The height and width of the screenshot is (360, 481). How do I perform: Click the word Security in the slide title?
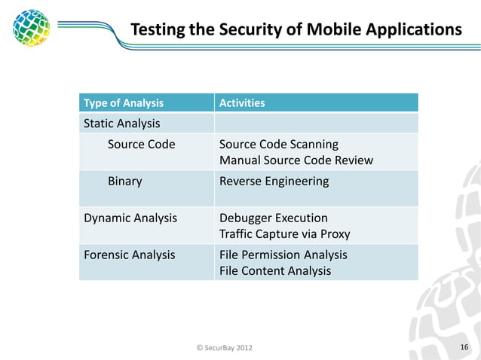230,29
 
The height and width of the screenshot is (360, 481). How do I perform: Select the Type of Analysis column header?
123,102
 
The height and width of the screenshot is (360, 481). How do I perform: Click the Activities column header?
241,102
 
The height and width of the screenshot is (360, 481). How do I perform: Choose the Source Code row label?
141,144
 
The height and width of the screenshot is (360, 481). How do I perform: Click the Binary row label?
124,181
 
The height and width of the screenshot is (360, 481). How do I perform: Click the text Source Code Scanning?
278,144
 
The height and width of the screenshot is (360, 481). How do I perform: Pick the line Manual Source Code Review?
296,160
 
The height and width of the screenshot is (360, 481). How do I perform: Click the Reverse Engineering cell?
274,181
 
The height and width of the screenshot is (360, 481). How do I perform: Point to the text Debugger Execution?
273,218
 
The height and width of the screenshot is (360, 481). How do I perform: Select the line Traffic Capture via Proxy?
284,234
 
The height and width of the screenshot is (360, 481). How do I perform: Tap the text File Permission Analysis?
283,255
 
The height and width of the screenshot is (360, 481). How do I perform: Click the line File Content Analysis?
274,271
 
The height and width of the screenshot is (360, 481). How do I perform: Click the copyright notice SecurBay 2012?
225,347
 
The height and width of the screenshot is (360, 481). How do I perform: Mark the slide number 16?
464,346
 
